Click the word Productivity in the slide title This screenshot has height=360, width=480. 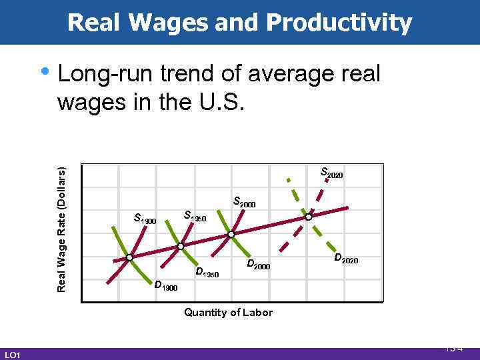[339, 23]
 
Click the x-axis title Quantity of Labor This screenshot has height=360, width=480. [228, 312]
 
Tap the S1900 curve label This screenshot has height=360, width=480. [145, 217]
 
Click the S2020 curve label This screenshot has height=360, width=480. [331, 173]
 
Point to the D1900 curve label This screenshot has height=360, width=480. [165, 286]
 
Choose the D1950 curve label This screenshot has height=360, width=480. [207, 273]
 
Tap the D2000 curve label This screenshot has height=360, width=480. [258, 265]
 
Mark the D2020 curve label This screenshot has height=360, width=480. [345, 259]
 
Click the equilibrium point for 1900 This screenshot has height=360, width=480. [130, 257]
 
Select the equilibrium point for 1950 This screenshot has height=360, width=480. [181, 247]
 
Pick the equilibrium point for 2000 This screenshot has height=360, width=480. [231, 235]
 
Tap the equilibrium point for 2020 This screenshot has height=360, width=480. [308, 217]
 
